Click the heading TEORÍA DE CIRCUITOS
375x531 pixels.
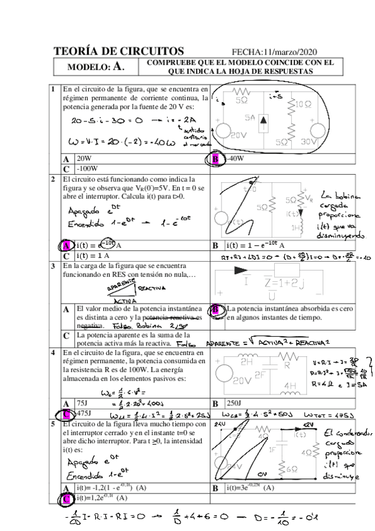pyautogui.click(x=118, y=51)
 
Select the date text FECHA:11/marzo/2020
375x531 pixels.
pyautogui.click(x=275, y=52)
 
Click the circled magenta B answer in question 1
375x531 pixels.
pyautogui.click(x=215, y=159)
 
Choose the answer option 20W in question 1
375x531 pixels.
pyautogui.click(x=84, y=159)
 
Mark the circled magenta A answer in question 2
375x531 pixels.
pyautogui.click(x=66, y=245)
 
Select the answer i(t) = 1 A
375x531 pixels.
pyautogui.click(x=93, y=255)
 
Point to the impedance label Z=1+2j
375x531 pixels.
pyautogui.click(x=284, y=282)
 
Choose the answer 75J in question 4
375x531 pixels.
pyautogui.click(x=81, y=403)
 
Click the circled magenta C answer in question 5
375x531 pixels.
pyautogui.click(x=66, y=498)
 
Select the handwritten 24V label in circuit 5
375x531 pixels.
pyautogui.click(x=220, y=423)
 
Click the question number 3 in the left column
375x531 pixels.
pyautogui.click(x=54, y=266)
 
